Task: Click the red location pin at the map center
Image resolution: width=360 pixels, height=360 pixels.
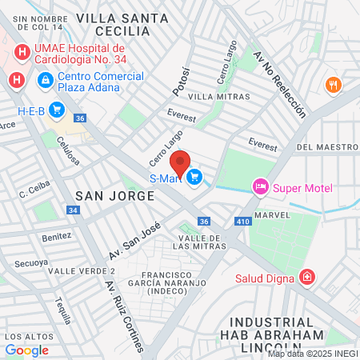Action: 180,162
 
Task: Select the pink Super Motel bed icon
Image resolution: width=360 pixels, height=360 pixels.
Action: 260,188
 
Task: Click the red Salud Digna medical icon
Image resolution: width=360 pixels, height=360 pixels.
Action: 306,278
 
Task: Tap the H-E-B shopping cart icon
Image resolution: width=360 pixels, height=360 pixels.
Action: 56,110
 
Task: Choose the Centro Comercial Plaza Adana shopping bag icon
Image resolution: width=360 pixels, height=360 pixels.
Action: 45,81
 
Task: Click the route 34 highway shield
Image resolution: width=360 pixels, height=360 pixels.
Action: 73,210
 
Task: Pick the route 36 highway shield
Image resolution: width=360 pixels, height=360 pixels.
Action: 204,222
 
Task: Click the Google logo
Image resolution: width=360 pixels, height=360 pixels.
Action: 26,350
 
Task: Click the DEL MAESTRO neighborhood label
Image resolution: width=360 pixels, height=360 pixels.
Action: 326,147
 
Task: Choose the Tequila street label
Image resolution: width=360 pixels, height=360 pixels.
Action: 62,304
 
